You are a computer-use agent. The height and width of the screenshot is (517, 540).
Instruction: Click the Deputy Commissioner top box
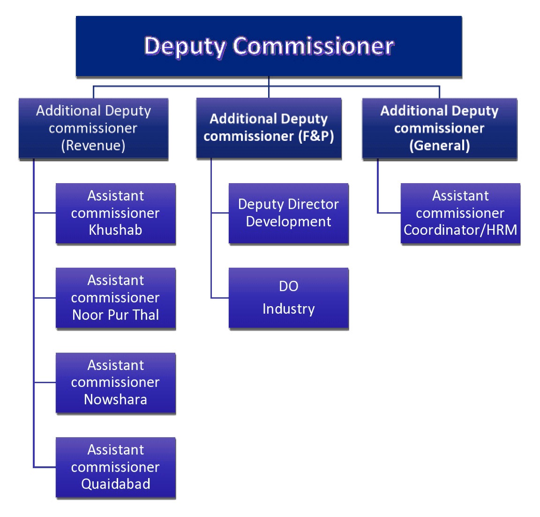[269, 46]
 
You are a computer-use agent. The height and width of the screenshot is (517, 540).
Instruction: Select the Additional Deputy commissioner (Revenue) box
[93, 129]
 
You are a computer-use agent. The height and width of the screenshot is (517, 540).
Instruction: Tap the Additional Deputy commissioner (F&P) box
[269, 128]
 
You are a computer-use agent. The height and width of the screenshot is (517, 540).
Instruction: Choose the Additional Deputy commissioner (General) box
[439, 129]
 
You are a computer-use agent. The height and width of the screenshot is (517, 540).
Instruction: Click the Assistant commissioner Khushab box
[115, 213]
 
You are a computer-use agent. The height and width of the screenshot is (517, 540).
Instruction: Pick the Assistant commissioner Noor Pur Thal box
[115, 298]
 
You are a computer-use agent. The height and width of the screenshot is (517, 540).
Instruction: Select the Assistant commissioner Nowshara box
[115, 383]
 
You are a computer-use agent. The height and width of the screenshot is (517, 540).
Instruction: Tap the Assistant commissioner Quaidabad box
[115, 467]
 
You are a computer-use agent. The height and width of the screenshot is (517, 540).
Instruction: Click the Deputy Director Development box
[288, 213]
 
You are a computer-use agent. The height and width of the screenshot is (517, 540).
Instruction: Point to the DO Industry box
[288, 298]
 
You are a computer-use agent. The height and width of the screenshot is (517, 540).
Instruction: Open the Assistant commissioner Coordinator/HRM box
[460, 213]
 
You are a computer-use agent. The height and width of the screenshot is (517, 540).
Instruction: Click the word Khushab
[115, 230]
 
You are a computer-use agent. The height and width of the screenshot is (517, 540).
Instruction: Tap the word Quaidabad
[115, 484]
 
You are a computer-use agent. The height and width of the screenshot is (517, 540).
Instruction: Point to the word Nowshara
[115, 400]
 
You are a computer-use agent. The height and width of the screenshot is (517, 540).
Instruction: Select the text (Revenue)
[93, 146]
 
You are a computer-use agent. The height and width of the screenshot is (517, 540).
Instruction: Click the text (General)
[439, 146]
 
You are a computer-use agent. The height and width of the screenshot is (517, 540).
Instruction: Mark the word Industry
[288, 309]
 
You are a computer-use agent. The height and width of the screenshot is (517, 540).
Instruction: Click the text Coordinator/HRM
[460, 230]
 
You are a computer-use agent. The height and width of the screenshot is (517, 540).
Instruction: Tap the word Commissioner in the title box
[313, 46]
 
